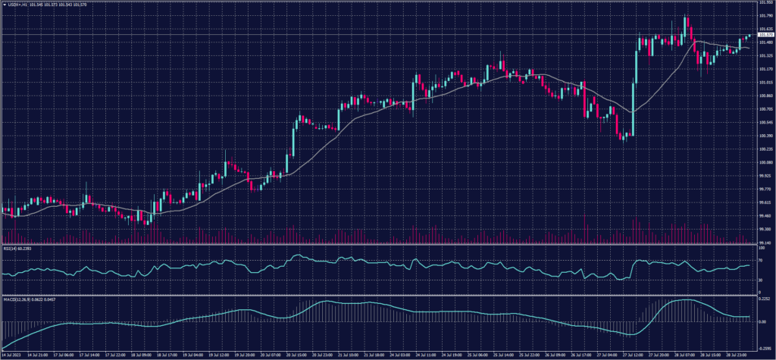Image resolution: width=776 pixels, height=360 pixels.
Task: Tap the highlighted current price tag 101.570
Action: (x=765, y=35)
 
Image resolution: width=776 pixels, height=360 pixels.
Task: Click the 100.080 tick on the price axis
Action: (x=765, y=162)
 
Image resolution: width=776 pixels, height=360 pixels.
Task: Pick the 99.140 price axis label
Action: (x=765, y=242)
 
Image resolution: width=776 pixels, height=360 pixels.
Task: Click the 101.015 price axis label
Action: (x=765, y=83)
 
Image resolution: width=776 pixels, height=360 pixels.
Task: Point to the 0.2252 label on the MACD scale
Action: (x=764, y=299)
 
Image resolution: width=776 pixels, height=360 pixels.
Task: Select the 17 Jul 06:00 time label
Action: (x=63, y=354)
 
